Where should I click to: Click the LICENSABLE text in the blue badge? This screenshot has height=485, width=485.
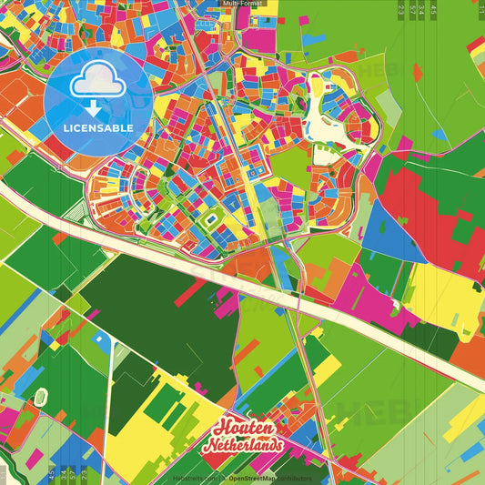point(97,128)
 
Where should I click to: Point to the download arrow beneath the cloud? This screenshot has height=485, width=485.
point(97,106)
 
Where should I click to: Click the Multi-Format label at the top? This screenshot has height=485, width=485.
point(242,4)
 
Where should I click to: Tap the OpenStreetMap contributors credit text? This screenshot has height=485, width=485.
point(268,478)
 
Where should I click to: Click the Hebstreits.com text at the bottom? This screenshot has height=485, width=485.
point(193,478)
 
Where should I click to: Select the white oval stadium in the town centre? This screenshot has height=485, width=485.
point(212,219)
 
